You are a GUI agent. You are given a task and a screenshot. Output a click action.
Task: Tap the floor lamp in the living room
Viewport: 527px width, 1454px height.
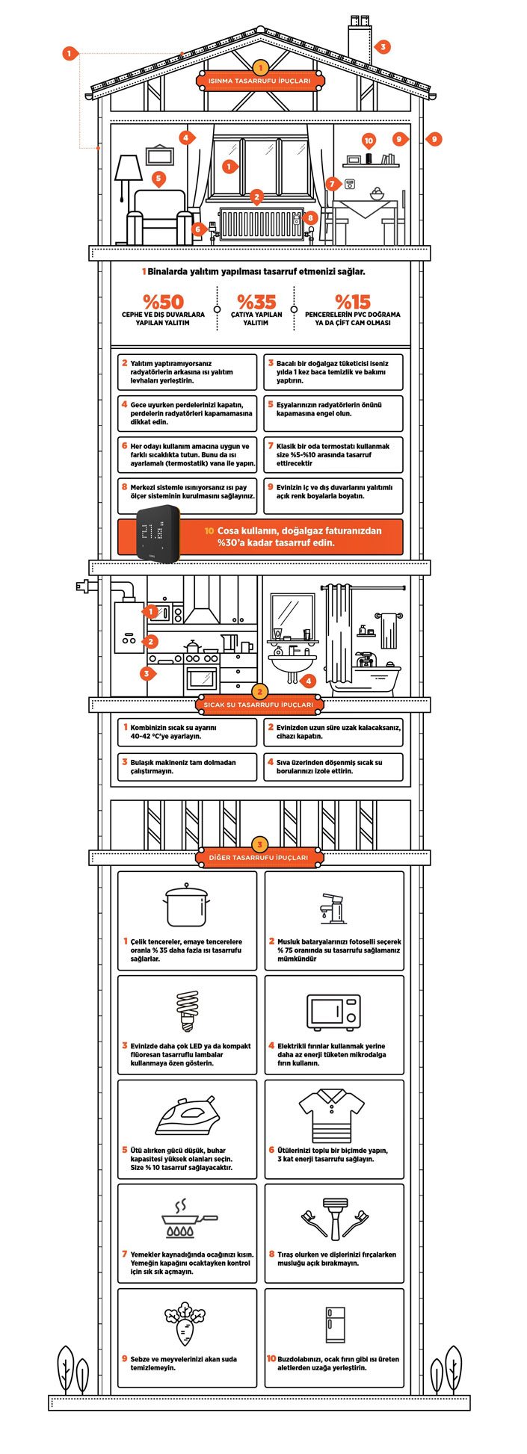128,178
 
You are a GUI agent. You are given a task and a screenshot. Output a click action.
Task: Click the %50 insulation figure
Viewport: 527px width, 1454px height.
163,302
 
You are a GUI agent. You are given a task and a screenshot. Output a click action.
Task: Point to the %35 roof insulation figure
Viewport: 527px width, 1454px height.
256,302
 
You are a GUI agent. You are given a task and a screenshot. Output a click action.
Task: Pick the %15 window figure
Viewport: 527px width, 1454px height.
352,302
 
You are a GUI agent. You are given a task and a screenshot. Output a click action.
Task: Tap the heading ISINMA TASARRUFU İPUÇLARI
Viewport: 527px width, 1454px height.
260,81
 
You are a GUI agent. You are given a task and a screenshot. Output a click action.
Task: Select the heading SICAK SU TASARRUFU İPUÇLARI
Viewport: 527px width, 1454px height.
259,705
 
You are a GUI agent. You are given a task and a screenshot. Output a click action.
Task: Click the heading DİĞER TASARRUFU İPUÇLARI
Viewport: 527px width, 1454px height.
259,858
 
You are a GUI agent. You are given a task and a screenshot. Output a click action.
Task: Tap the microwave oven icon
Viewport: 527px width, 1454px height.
333,1012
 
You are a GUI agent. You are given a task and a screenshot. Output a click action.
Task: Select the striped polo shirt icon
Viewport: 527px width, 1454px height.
333,1115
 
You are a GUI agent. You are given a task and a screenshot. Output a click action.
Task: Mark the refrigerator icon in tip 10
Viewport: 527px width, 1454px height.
334,1325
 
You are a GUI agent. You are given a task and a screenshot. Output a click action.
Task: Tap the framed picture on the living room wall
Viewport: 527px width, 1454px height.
159,155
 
